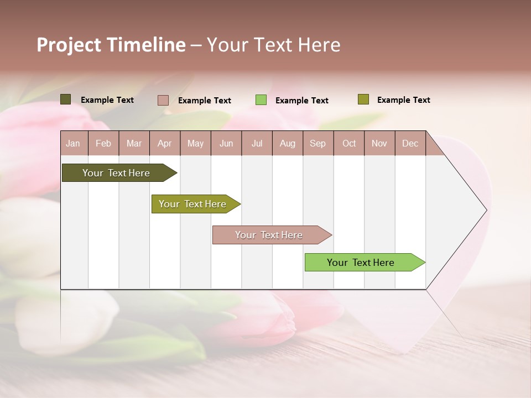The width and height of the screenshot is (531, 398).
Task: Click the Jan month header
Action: [x=73, y=143]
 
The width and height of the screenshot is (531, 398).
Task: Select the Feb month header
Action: [x=103, y=143]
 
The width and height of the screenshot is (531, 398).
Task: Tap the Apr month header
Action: [x=165, y=143]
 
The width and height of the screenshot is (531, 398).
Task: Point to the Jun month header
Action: [x=226, y=143]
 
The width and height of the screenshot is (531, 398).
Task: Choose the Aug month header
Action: [x=288, y=143]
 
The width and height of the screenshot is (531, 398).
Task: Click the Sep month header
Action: [x=318, y=143]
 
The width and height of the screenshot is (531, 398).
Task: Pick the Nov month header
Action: [x=379, y=143]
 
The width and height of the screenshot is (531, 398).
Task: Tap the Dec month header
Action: [x=410, y=143]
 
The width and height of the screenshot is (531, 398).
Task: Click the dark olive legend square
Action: [x=65, y=99]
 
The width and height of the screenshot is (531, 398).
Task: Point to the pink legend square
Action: [x=163, y=100]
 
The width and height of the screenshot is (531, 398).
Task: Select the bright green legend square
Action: [x=261, y=100]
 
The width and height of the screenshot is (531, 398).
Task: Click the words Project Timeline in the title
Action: [x=111, y=45]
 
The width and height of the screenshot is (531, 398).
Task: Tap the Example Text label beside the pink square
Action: [x=205, y=101]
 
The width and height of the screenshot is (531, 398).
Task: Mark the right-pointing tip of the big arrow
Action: [x=485, y=210]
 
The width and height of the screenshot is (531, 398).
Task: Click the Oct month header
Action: [x=349, y=143]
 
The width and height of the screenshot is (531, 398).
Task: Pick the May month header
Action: [x=195, y=143]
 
